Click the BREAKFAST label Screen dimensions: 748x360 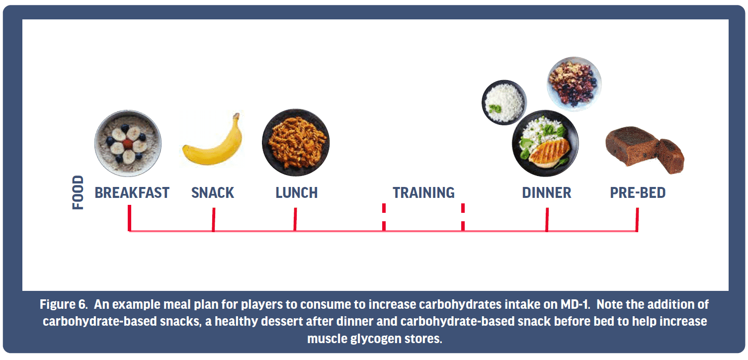tap(132, 193)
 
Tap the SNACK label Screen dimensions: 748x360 tap(212, 193)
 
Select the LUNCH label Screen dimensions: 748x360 tap(297, 193)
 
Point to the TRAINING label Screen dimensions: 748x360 tap(423, 193)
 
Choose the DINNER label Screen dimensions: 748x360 tap(547, 193)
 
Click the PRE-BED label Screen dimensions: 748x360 tap(638, 193)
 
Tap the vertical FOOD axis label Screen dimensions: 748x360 tap(78, 193)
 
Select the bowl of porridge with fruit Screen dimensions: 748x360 tap(128, 143)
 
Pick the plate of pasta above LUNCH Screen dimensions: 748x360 tap(296, 143)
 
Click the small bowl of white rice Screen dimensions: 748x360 tap(504, 102)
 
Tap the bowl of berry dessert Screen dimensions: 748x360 tap(574, 84)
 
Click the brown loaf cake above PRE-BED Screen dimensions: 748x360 tap(645, 150)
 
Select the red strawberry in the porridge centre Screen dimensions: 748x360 tap(128, 144)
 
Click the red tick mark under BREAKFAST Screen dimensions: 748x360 tap(129, 218)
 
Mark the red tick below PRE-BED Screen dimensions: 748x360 tap(637, 219)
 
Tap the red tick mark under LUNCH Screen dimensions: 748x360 tap(295, 219)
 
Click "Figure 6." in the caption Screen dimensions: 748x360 tap(64, 305)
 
